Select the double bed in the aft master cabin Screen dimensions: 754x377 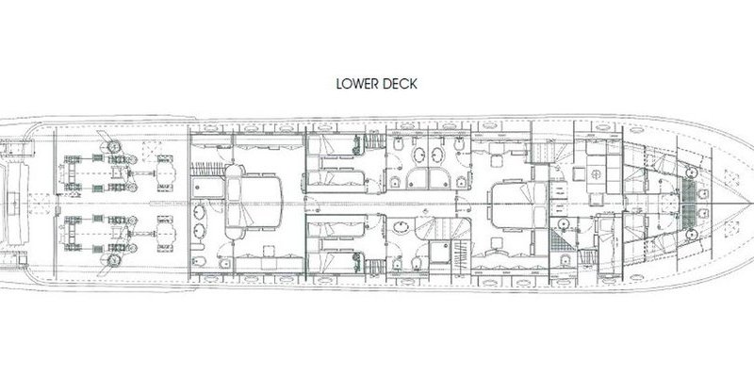click(254, 202)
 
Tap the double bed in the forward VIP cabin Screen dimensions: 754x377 click(518, 206)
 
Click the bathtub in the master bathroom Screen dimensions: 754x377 click(207, 187)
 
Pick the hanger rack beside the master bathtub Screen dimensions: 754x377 click(208, 169)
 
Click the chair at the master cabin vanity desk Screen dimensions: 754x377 click(269, 251)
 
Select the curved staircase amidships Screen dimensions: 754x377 click(443, 228)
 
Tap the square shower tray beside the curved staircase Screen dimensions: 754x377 click(440, 253)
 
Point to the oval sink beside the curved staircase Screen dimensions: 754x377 click(401, 226)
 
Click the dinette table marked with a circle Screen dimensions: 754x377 click(597, 175)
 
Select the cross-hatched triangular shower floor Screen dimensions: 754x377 click(562, 240)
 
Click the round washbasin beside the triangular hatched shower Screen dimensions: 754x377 click(561, 222)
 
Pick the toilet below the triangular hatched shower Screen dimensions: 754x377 click(565, 261)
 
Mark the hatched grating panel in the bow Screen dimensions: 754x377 click(689, 205)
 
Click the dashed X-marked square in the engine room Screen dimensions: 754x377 click(153, 149)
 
